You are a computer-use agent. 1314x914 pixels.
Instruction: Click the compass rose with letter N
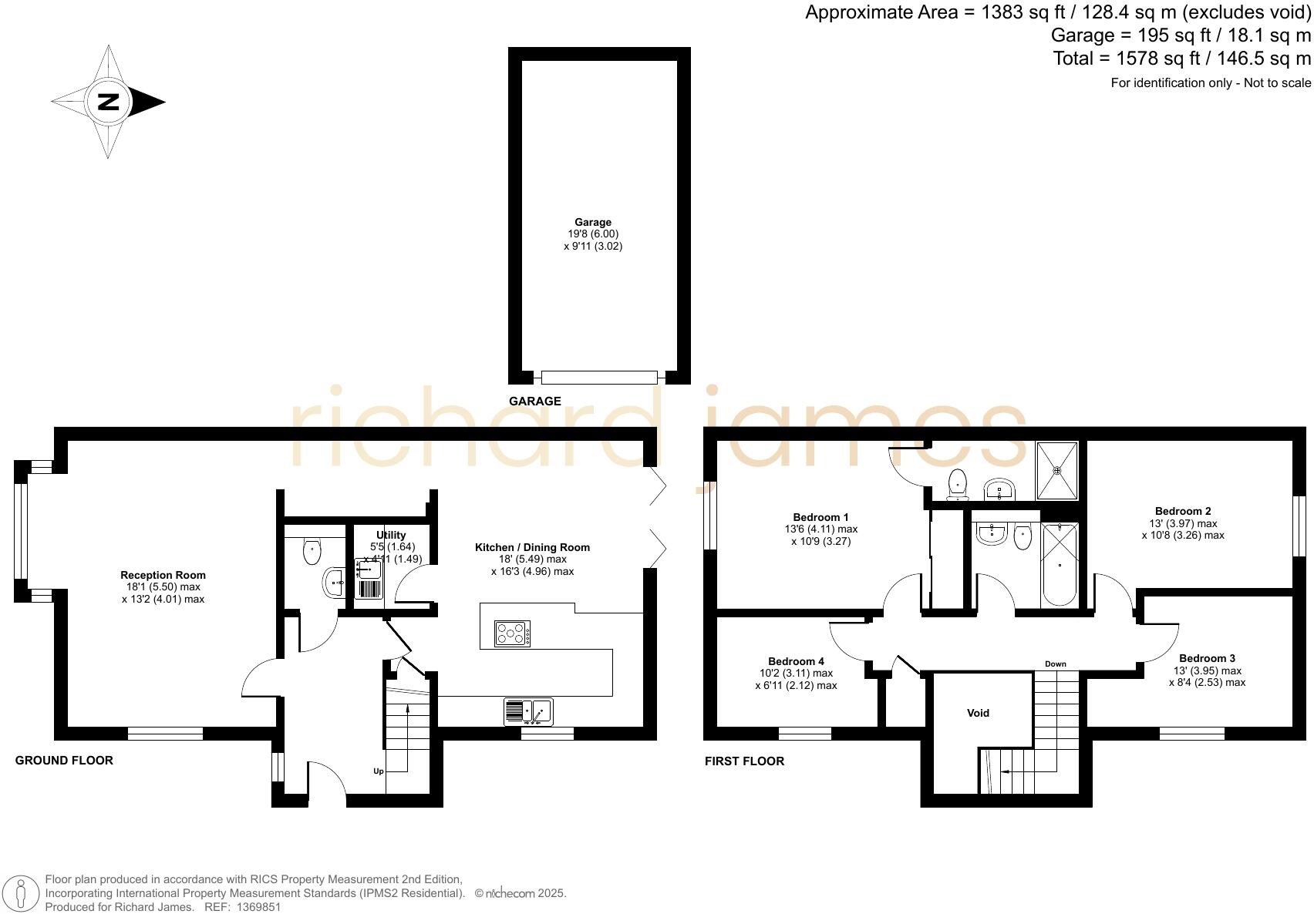[108, 102]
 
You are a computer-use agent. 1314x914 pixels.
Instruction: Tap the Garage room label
[592, 223]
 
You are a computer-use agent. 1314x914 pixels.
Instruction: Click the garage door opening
[599, 377]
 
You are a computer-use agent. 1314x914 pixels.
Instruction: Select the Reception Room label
[163, 575]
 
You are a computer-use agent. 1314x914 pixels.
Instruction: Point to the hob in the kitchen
[512, 633]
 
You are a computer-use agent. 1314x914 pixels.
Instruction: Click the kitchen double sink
[528, 711]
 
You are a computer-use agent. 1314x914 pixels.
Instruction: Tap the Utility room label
[391, 535]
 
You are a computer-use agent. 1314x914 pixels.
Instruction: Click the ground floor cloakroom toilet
[312, 549]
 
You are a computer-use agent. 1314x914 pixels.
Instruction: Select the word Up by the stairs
[379, 771]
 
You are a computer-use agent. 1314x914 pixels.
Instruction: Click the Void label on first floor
[978, 713]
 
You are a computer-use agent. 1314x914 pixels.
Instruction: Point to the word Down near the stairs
[1055, 664]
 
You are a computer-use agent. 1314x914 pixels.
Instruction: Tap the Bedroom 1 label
[820, 517]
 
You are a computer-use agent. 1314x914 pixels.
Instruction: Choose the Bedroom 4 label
[796, 661]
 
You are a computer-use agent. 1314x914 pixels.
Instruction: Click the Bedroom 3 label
[1207, 658]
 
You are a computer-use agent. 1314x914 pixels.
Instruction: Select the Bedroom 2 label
[1183, 511]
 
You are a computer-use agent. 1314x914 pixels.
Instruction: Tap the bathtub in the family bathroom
[1060, 566]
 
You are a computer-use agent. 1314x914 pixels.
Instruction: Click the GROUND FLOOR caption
[64, 760]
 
